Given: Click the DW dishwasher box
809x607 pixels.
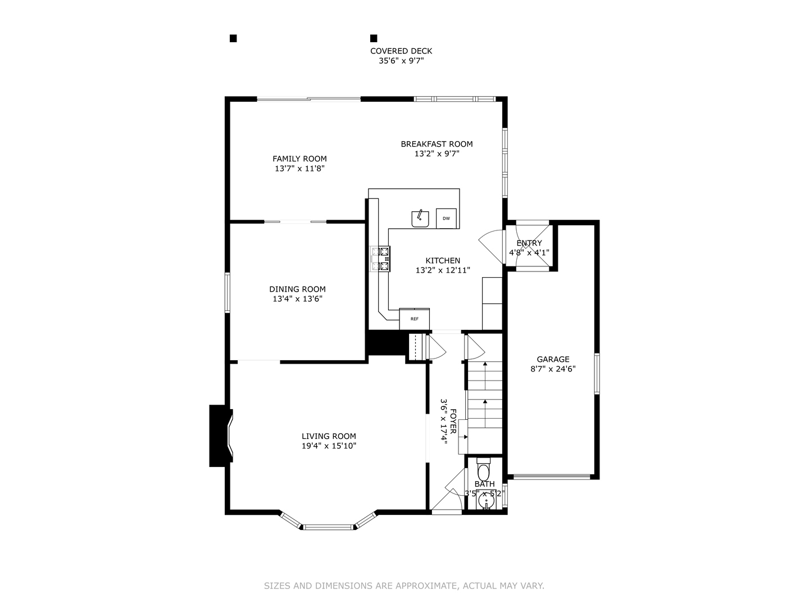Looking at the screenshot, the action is coord(446,219).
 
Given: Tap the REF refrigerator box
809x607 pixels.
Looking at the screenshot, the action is coord(414,319).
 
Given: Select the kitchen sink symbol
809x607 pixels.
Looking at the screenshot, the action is coord(420,219).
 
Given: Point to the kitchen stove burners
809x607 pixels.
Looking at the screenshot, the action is coord(380,259).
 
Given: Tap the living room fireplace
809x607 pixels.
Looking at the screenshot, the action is coord(221,436).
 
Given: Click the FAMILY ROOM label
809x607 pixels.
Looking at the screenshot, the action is coord(299,159).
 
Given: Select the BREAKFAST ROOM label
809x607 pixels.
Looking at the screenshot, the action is coord(437,144).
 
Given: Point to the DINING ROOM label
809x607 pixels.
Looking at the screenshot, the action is coord(297,289).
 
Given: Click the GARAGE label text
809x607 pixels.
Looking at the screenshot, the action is coord(553,359).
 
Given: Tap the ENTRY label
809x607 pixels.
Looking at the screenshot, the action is coord(529,243).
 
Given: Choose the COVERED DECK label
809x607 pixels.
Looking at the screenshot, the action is coord(401,51).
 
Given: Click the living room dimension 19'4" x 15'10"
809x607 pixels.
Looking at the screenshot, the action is coord(329,446).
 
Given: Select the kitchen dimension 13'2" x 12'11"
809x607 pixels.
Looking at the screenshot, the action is coord(443,270).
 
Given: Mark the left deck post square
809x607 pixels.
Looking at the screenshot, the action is coord(233,38).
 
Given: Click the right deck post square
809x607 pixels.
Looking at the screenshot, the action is coord(374,38).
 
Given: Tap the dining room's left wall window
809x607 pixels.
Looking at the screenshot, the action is coord(228,293).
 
